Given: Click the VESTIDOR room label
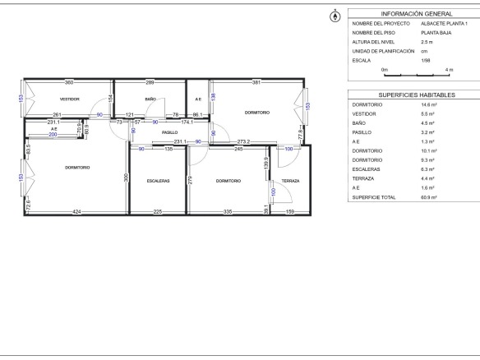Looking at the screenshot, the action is pyautogui.click(x=70, y=99).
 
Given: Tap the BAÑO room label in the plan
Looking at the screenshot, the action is pyautogui.click(x=150, y=99).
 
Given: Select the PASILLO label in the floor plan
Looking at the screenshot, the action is pyautogui.click(x=170, y=132).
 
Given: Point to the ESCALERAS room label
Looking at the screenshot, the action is pyautogui.click(x=159, y=181).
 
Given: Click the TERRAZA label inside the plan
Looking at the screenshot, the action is pyautogui.click(x=290, y=181).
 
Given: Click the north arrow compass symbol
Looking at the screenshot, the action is pyautogui.click(x=335, y=16).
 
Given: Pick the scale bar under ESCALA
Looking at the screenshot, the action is pyautogui.click(x=417, y=75).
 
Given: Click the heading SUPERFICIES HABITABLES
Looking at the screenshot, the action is pyautogui.click(x=417, y=95).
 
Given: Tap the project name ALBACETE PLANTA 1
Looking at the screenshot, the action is pyautogui.click(x=444, y=24).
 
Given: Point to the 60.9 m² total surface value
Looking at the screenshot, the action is pyautogui.click(x=429, y=197).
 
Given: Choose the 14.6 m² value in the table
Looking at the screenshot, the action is pyautogui.click(x=429, y=104).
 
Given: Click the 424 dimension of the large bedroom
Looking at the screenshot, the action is pyautogui.click(x=76, y=211).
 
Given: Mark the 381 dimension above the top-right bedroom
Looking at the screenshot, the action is pyautogui.click(x=256, y=82).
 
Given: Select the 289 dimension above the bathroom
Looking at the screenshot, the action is pyautogui.click(x=150, y=82).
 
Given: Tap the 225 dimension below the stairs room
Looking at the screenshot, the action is pyautogui.click(x=158, y=211).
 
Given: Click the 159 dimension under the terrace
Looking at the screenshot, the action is pyautogui.click(x=290, y=211).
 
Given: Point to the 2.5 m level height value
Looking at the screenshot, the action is pyautogui.click(x=427, y=42).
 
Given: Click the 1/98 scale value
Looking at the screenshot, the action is pyautogui.click(x=426, y=60).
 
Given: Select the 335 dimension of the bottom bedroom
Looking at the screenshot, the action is pyautogui.click(x=228, y=211).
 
